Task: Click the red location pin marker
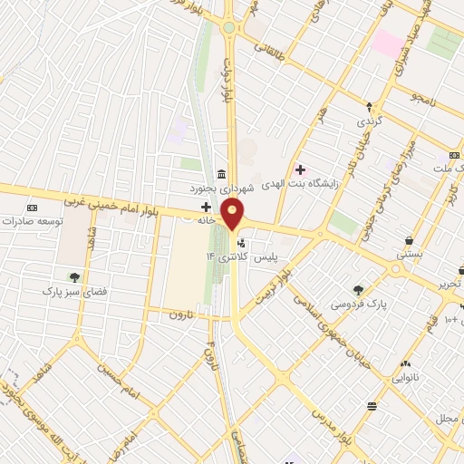click(x=233, y=216)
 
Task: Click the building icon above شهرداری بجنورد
click(x=221, y=175)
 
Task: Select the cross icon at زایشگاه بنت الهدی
click(x=300, y=169)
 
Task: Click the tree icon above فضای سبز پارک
click(x=74, y=277)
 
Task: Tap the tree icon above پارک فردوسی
click(x=359, y=290)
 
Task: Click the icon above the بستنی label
click(x=410, y=241)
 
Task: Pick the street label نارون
click(x=183, y=314)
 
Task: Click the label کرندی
click(x=370, y=121)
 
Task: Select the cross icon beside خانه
click(x=207, y=208)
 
